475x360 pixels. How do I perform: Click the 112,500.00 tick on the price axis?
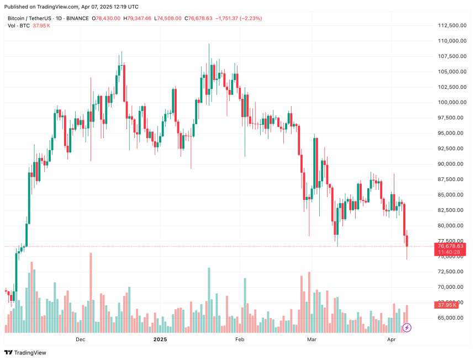point(450,25)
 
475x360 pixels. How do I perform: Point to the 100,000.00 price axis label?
point(450,102)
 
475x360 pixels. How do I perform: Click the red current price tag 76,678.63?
point(451,246)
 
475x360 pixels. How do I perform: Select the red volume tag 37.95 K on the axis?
point(447,305)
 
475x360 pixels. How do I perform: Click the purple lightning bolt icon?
point(407,327)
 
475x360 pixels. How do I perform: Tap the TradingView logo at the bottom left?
point(25,352)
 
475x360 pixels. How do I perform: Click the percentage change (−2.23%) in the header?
point(250,18)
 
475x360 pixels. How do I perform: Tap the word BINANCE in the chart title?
point(78,18)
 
